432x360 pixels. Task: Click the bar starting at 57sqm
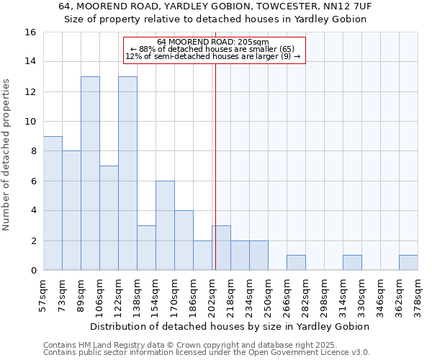click(x=53, y=203)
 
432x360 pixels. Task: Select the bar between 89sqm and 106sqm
click(x=90, y=173)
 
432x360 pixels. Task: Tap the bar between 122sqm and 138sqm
click(x=127, y=173)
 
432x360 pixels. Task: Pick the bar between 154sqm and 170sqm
click(x=165, y=225)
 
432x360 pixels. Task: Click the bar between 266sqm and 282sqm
click(x=296, y=263)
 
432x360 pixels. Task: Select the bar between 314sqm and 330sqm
click(x=352, y=263)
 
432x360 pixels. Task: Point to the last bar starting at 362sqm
click(x=408, y=263)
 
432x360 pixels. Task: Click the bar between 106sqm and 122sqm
click(x=109, y=218)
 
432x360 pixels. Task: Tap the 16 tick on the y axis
click(x=31, y=32)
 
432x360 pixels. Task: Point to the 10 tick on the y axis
click(x=31, y=122)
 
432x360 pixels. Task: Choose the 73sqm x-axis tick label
click(x=62, y=293)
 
